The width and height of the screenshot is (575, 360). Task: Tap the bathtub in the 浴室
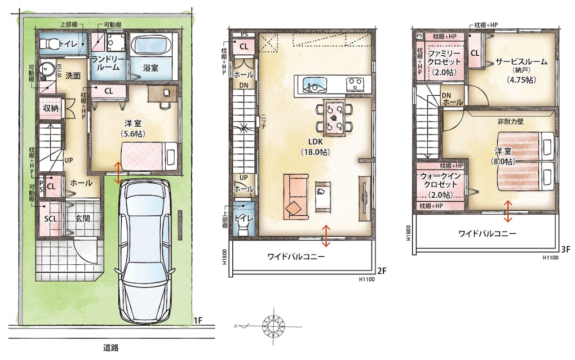tap(151, 46)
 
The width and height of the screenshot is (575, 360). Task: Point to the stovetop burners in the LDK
tap(355, 84)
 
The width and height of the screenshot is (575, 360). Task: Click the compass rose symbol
tap(273, 325)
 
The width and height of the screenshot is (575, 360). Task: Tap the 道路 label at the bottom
tap(110, 348)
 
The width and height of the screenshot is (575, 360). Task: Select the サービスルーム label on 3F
tap(521, 61)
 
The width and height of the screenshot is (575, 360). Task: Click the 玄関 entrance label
tap(82, 219)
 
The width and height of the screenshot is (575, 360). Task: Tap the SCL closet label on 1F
tap(51, 219)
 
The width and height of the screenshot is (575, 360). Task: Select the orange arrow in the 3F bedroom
tap(508, 211)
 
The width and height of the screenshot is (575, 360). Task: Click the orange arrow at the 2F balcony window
tap(326, 235)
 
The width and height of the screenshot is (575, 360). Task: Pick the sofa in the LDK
tap(296, 197)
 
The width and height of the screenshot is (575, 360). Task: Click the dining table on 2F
tap(334, 118)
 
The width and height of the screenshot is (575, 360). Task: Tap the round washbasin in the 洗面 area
tap(47, 69)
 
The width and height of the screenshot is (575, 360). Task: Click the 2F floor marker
tap(382, 271)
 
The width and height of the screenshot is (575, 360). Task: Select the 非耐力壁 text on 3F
tap(511, 122)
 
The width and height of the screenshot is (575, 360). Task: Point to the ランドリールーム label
tap(108, 63)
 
